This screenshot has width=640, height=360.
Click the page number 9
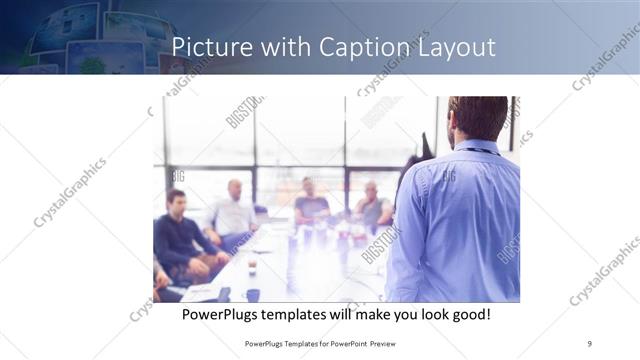589,343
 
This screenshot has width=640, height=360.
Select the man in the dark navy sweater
177,235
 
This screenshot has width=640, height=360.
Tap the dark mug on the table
253,294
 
